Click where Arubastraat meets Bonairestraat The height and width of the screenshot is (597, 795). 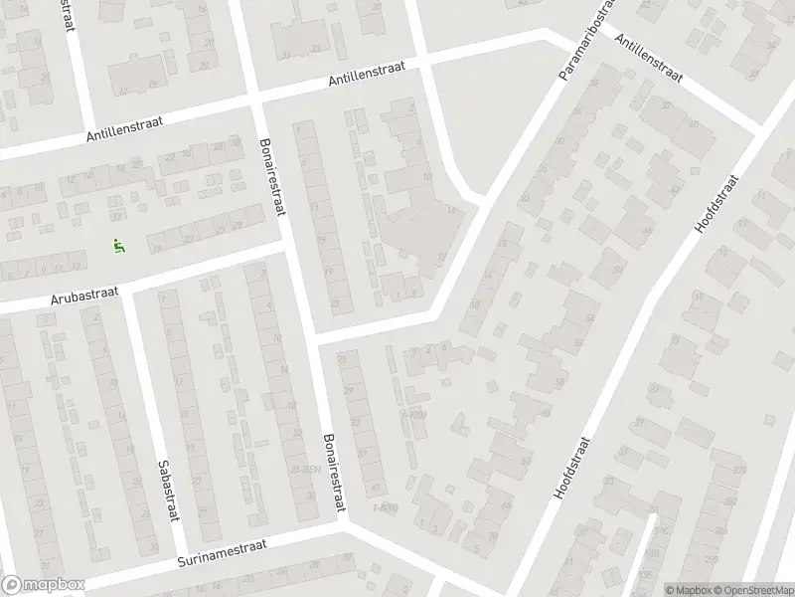[289, 248]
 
